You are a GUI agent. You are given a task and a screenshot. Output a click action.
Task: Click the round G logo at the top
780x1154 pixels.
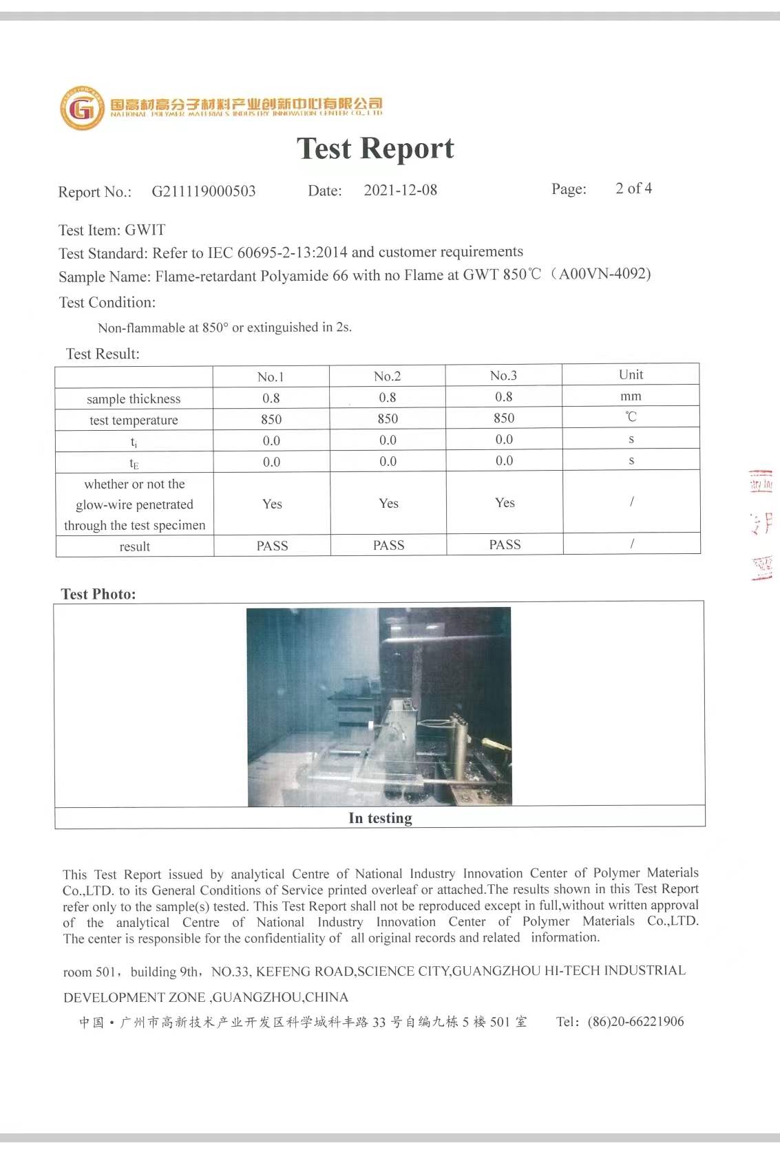pos(83,108)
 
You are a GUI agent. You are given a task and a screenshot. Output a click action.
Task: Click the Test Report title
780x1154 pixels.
pos(375,148)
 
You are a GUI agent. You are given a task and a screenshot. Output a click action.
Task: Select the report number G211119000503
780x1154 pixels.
pos(204,191)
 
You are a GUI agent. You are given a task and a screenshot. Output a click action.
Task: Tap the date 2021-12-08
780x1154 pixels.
pos(400,190)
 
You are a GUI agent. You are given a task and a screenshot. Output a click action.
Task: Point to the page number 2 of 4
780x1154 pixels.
pos(633,189)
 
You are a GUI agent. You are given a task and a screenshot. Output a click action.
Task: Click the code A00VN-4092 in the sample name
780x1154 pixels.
pos(604,274)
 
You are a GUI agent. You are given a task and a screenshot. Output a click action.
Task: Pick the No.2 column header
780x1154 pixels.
pos(387,376)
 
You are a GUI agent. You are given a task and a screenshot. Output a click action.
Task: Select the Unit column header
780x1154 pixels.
pos(631,374)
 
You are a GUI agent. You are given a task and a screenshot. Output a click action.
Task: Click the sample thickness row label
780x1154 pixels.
pos(134,399)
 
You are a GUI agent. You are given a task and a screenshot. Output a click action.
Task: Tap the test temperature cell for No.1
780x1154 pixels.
pos(271,419)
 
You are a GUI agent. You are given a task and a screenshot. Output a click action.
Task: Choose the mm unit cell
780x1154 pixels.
pos(631,396)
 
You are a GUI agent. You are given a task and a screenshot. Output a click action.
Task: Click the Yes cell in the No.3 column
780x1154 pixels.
pos(505,503)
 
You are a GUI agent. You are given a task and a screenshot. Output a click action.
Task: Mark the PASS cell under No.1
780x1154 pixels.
pos(272,546)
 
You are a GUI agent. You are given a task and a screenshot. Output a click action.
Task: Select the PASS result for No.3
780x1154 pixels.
pos(505,544)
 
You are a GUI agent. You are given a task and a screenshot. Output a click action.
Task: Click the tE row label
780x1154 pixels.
pos(134,463)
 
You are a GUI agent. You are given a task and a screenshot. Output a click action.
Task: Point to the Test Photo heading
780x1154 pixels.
pos(98,594)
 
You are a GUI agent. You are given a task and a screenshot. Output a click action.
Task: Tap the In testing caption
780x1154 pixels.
pos(380,818)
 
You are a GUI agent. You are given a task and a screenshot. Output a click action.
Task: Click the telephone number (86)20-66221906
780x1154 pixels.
pos(635,1021)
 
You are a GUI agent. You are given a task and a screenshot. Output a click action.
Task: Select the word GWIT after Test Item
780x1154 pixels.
pos(145,230)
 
